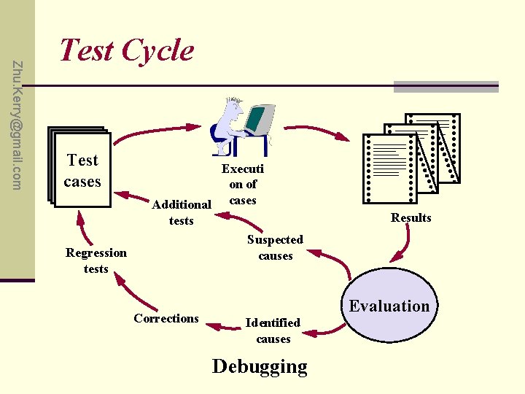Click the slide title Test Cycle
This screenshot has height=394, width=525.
pyautogui.click(x=126, y=50)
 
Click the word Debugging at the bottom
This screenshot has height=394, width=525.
pyautogui.click(x=260, y=366)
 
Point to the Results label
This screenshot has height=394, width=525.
pyautogui.click(x=411, y=217)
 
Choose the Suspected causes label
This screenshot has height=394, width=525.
pyautogui.click(x=275, y=247)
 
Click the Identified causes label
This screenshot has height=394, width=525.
pyautogui.click(x=273, y=331)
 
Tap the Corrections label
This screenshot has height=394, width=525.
pyautogui.click(x=166, y=318)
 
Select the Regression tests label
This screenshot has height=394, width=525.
pyautogui.click(x=96, y=260)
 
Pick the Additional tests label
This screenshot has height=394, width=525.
pyautogui.click(x=181, y=212)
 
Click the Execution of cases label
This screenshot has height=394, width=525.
pyautogui.click(x=243, y=184)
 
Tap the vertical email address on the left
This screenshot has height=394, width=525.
pyautogui.click(x=18, y=124)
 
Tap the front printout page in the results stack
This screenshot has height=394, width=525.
pyautogui.click(x=386, y=169)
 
